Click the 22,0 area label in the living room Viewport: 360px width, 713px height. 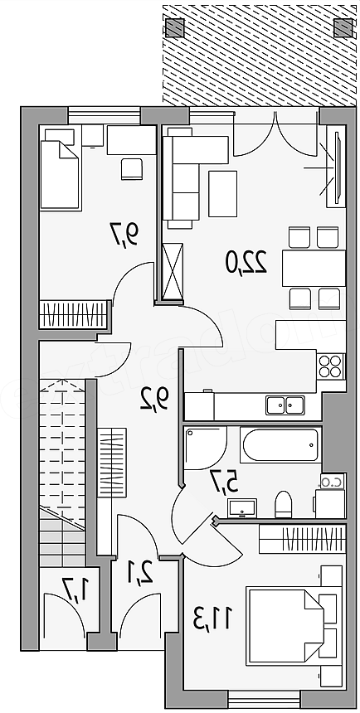tap(246, 262)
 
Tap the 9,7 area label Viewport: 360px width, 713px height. tap(125, 233)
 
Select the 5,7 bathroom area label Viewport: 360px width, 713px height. tap(224, 482)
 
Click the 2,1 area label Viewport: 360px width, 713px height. tap(139, 574)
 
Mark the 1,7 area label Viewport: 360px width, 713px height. tap(74, 590)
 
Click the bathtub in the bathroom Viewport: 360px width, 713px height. tap(280, 444)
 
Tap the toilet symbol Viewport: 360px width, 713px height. tap(284, 504)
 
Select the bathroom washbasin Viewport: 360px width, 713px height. tap(242, 508)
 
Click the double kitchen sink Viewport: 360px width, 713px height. tap(285, 405)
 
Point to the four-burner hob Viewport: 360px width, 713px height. tap(330, 366)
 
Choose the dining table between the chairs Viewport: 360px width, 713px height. tap(314, 268)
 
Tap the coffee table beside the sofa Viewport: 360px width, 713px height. tap(222, 194)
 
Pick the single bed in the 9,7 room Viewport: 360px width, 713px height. tap(60, 176)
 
